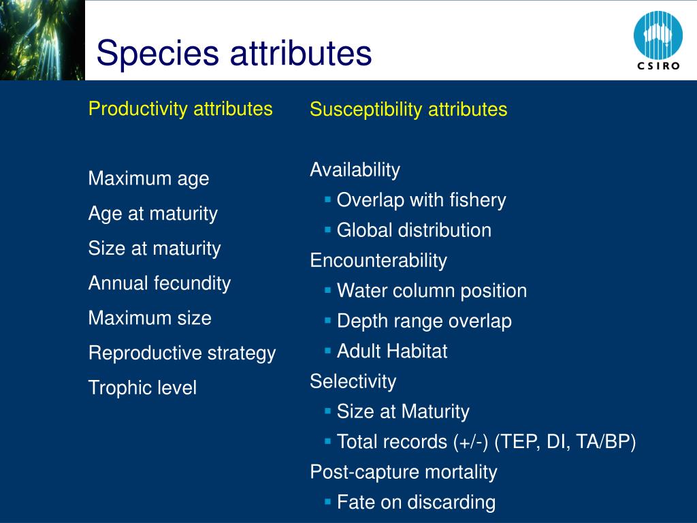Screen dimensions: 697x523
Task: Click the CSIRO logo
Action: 658,41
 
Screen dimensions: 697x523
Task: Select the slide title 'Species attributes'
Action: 234,53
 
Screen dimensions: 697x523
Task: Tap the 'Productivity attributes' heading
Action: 180,109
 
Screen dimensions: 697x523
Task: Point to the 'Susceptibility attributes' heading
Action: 408,110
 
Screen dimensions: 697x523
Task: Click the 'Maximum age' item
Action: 148,179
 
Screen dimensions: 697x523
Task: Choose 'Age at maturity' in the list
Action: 153,214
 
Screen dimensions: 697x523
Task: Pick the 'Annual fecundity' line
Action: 159,283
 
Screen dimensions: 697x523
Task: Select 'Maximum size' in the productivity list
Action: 150,318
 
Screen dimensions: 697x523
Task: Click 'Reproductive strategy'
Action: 182,353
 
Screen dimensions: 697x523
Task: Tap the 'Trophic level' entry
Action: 142,387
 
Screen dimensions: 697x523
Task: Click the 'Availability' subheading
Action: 355,170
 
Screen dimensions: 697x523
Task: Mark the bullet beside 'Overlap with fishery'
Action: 328,200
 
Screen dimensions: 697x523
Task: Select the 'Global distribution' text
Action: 414,230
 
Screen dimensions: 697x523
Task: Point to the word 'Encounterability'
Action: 378,261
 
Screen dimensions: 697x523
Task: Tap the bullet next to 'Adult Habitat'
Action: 328,351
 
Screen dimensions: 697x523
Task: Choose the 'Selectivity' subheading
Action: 353,381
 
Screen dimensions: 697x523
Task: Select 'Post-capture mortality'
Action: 403,473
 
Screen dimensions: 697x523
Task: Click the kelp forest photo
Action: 42,40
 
